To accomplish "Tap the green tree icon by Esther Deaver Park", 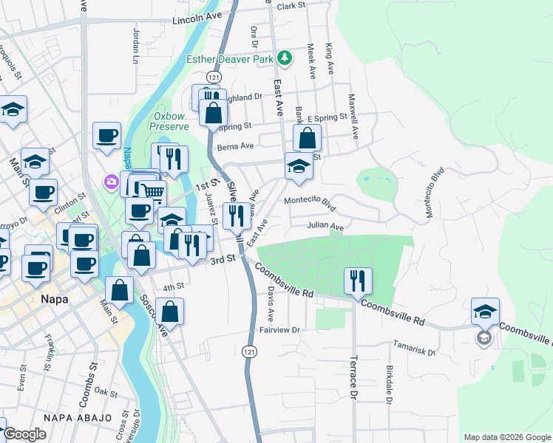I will pyautogui.click(x=282, y=58).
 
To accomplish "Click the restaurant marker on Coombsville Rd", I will pyautogui.click(x=358, y=280).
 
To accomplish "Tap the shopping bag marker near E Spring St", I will pyautogui.click(x=307, y=137).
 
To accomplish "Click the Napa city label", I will pyautogui.click(x=53, y=300).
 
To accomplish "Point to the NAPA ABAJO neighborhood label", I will pyautogui.click(x=72, y=419).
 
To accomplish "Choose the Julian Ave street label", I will pyautogui.click(x=326, y=227).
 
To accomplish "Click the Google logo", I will pyautogui.click(x=25, y=434).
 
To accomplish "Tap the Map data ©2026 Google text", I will pyautogui.click(x=507, y=437).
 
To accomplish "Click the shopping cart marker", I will pyautogui.click(x=153, y=192).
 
